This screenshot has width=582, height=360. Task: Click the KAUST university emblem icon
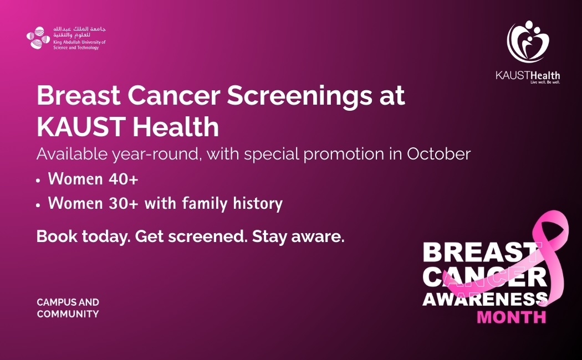(x=38, y=38)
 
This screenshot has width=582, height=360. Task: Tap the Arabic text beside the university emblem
(x=79, y=32)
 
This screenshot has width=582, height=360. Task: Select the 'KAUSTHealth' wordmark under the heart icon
(x=528, y=76)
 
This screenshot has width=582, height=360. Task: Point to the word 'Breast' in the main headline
(x=79, y=96)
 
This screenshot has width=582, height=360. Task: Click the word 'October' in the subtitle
(x=439, y=154)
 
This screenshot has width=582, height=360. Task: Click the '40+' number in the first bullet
(x=124, y=179)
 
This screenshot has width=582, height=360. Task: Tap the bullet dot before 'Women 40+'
(x=38, y=181)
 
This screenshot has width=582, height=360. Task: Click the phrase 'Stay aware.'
(x=298, y=236)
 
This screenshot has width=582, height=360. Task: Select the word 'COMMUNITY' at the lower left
(x=68, y=314)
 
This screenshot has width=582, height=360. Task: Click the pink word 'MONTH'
(x=512, y=317)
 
